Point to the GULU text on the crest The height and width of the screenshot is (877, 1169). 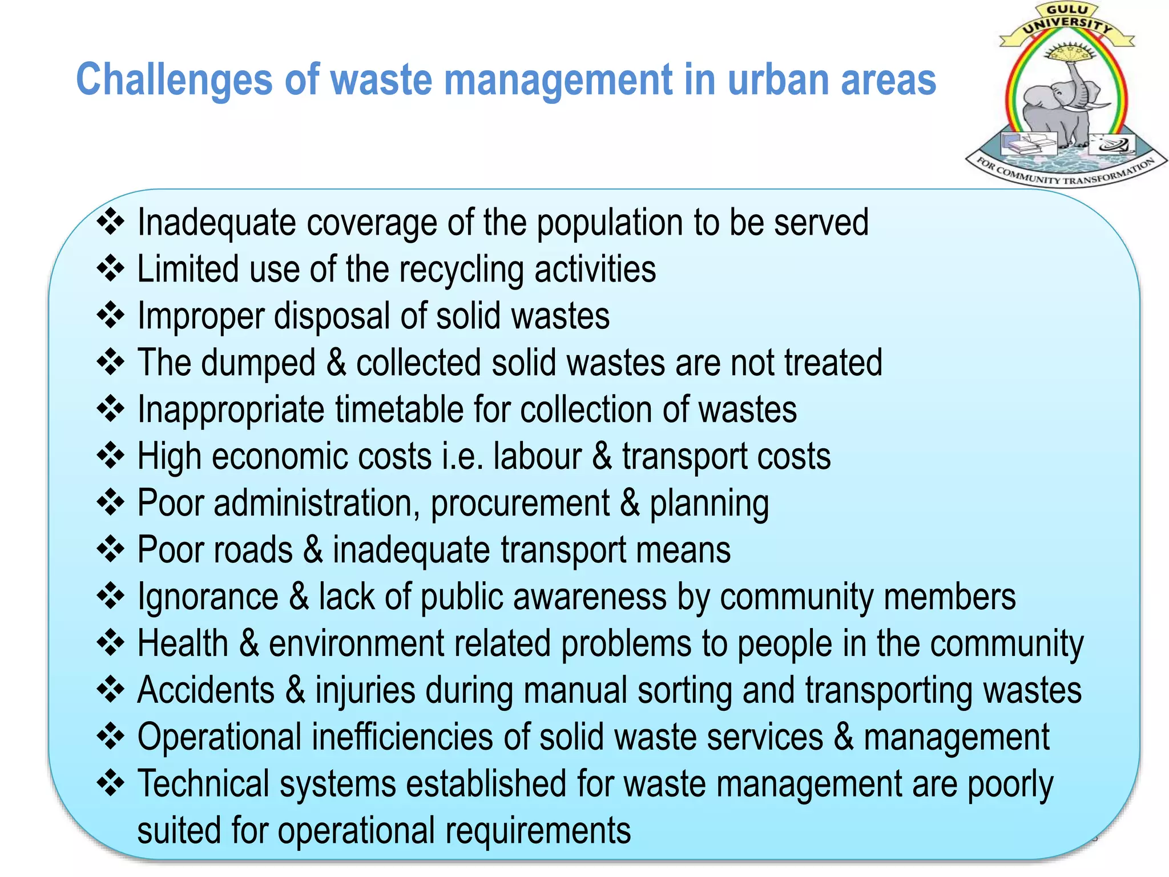coord(1067,10)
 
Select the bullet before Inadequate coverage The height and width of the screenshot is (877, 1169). coord(111,222)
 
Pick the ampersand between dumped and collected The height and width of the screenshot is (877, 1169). coord(336,363)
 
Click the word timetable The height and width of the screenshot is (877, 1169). coord(399,409)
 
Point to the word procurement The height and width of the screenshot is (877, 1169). coord(520,503)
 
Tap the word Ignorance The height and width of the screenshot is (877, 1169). coord(208,597)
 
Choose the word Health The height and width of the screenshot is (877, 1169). coord(183,643)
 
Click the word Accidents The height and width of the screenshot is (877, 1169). coord(206,690)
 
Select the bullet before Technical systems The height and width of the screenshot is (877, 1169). coord(111,783)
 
